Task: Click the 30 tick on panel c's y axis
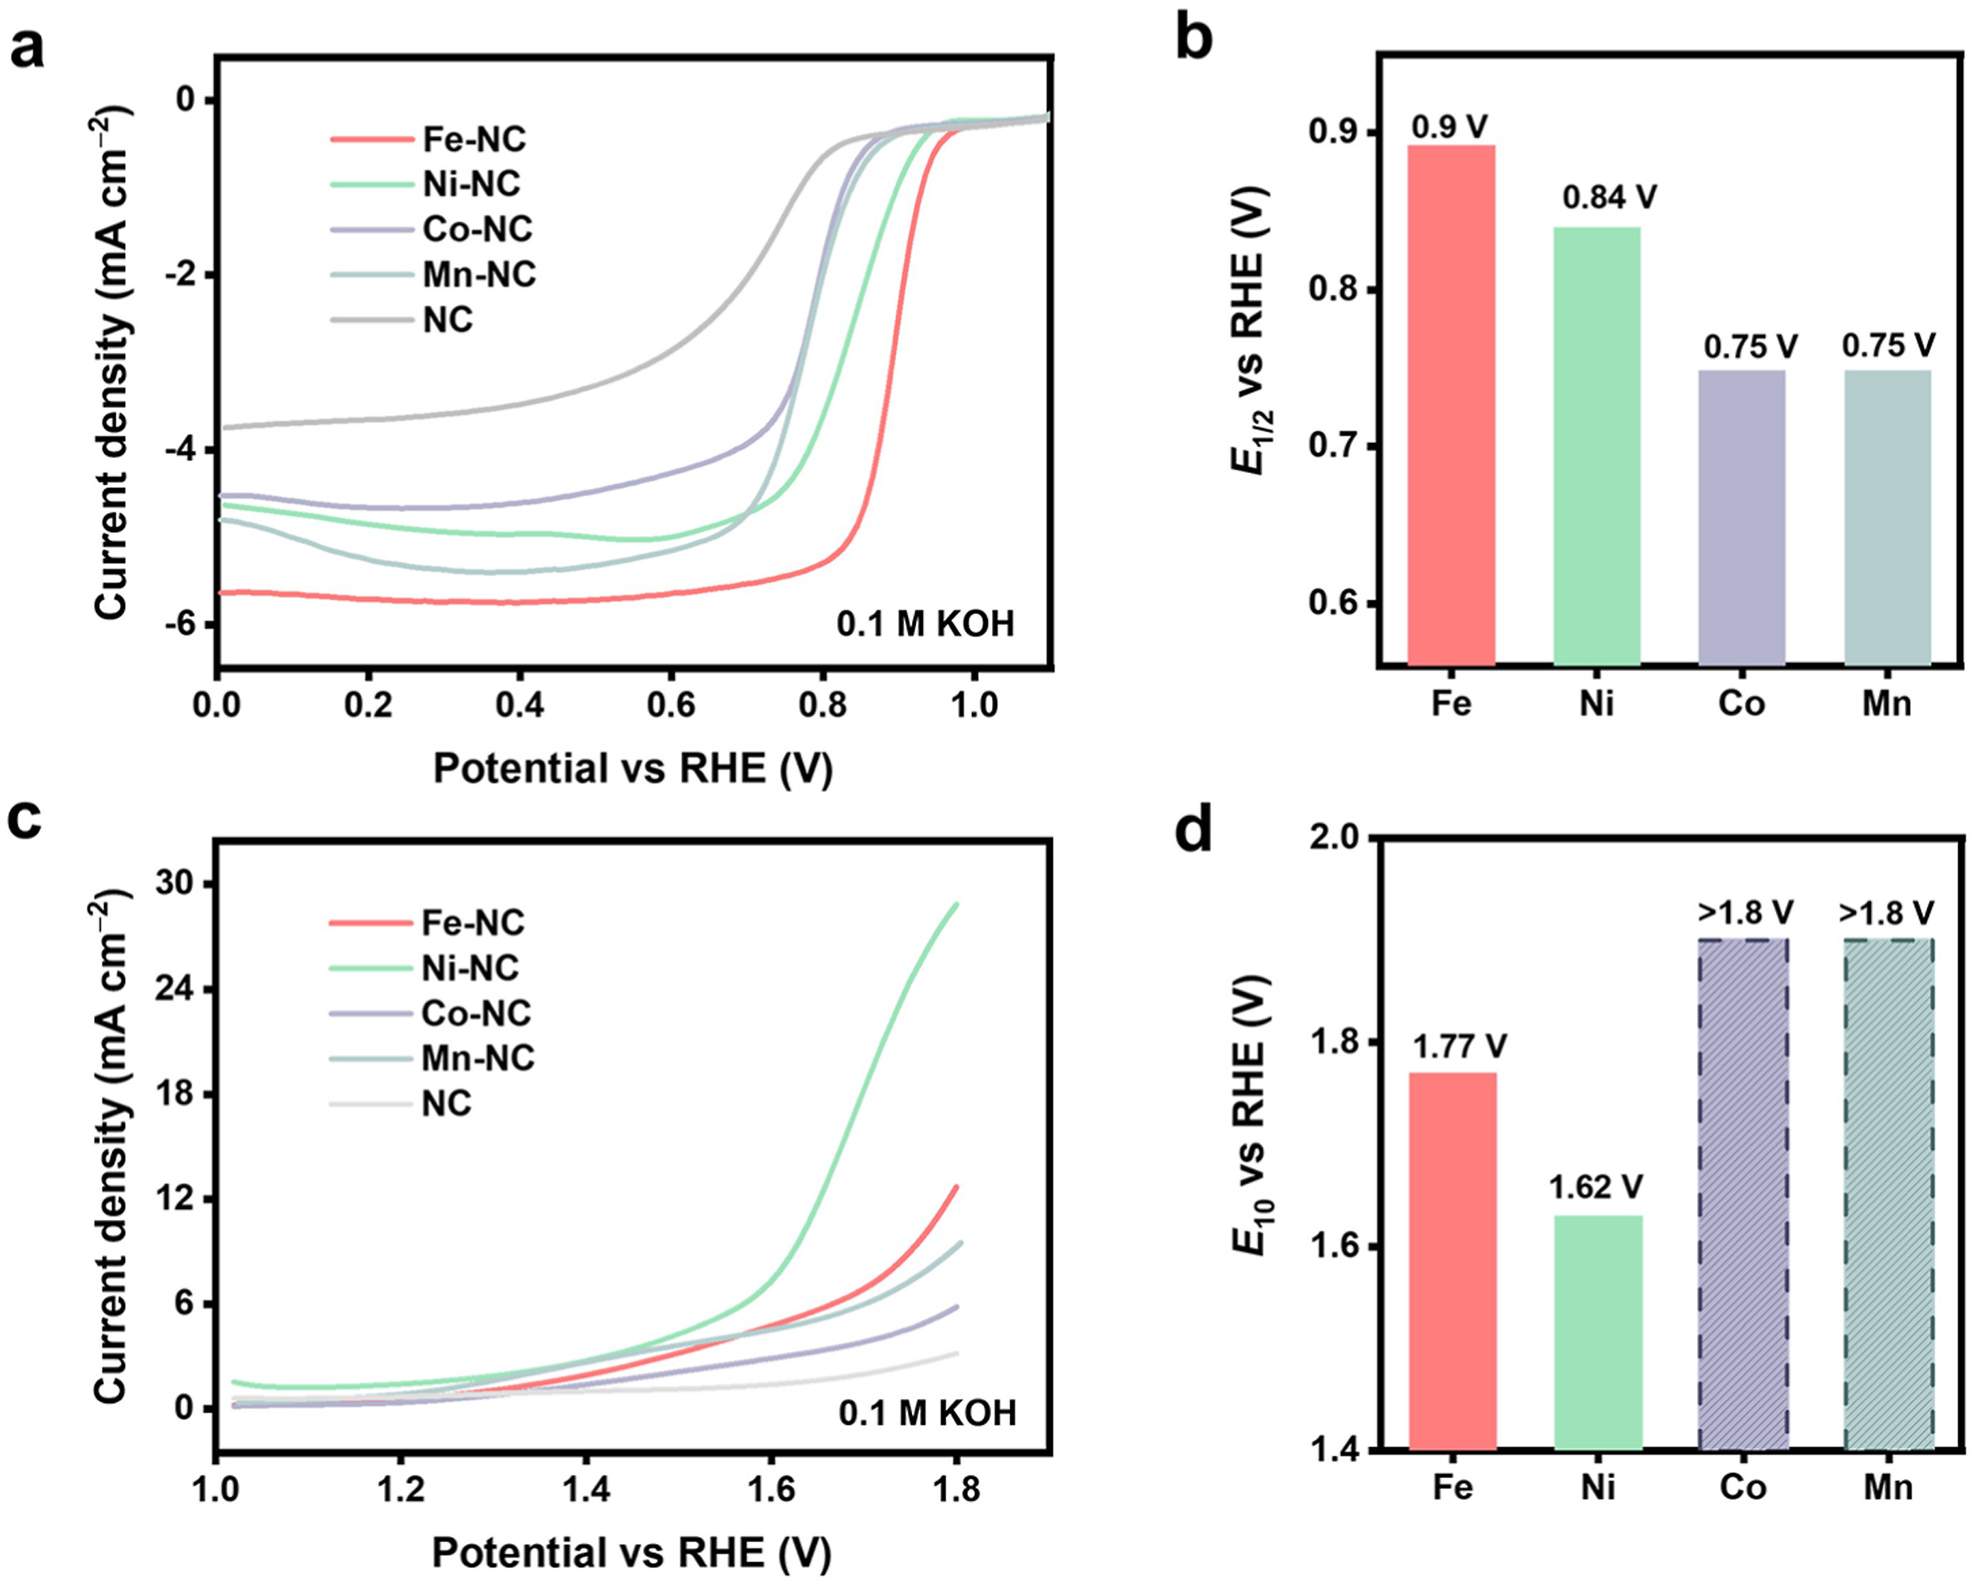177,884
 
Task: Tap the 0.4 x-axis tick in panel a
519,706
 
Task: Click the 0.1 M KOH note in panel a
925,625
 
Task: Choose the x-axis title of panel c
631,1553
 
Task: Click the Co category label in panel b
1741,704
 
